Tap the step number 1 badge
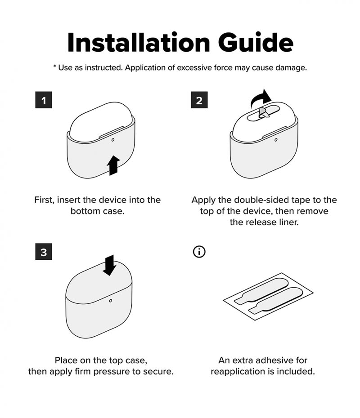click(x=44, y=100)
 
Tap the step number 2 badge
click(x=199, y=100)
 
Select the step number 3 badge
click(x=44, y=252)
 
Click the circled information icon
click(x=199, y=252)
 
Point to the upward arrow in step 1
click(x=113, y=165)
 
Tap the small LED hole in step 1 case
click(x=112, y=140)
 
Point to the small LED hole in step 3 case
click(x=111, y=300)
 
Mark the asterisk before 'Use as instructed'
click(x=54, y=67)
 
